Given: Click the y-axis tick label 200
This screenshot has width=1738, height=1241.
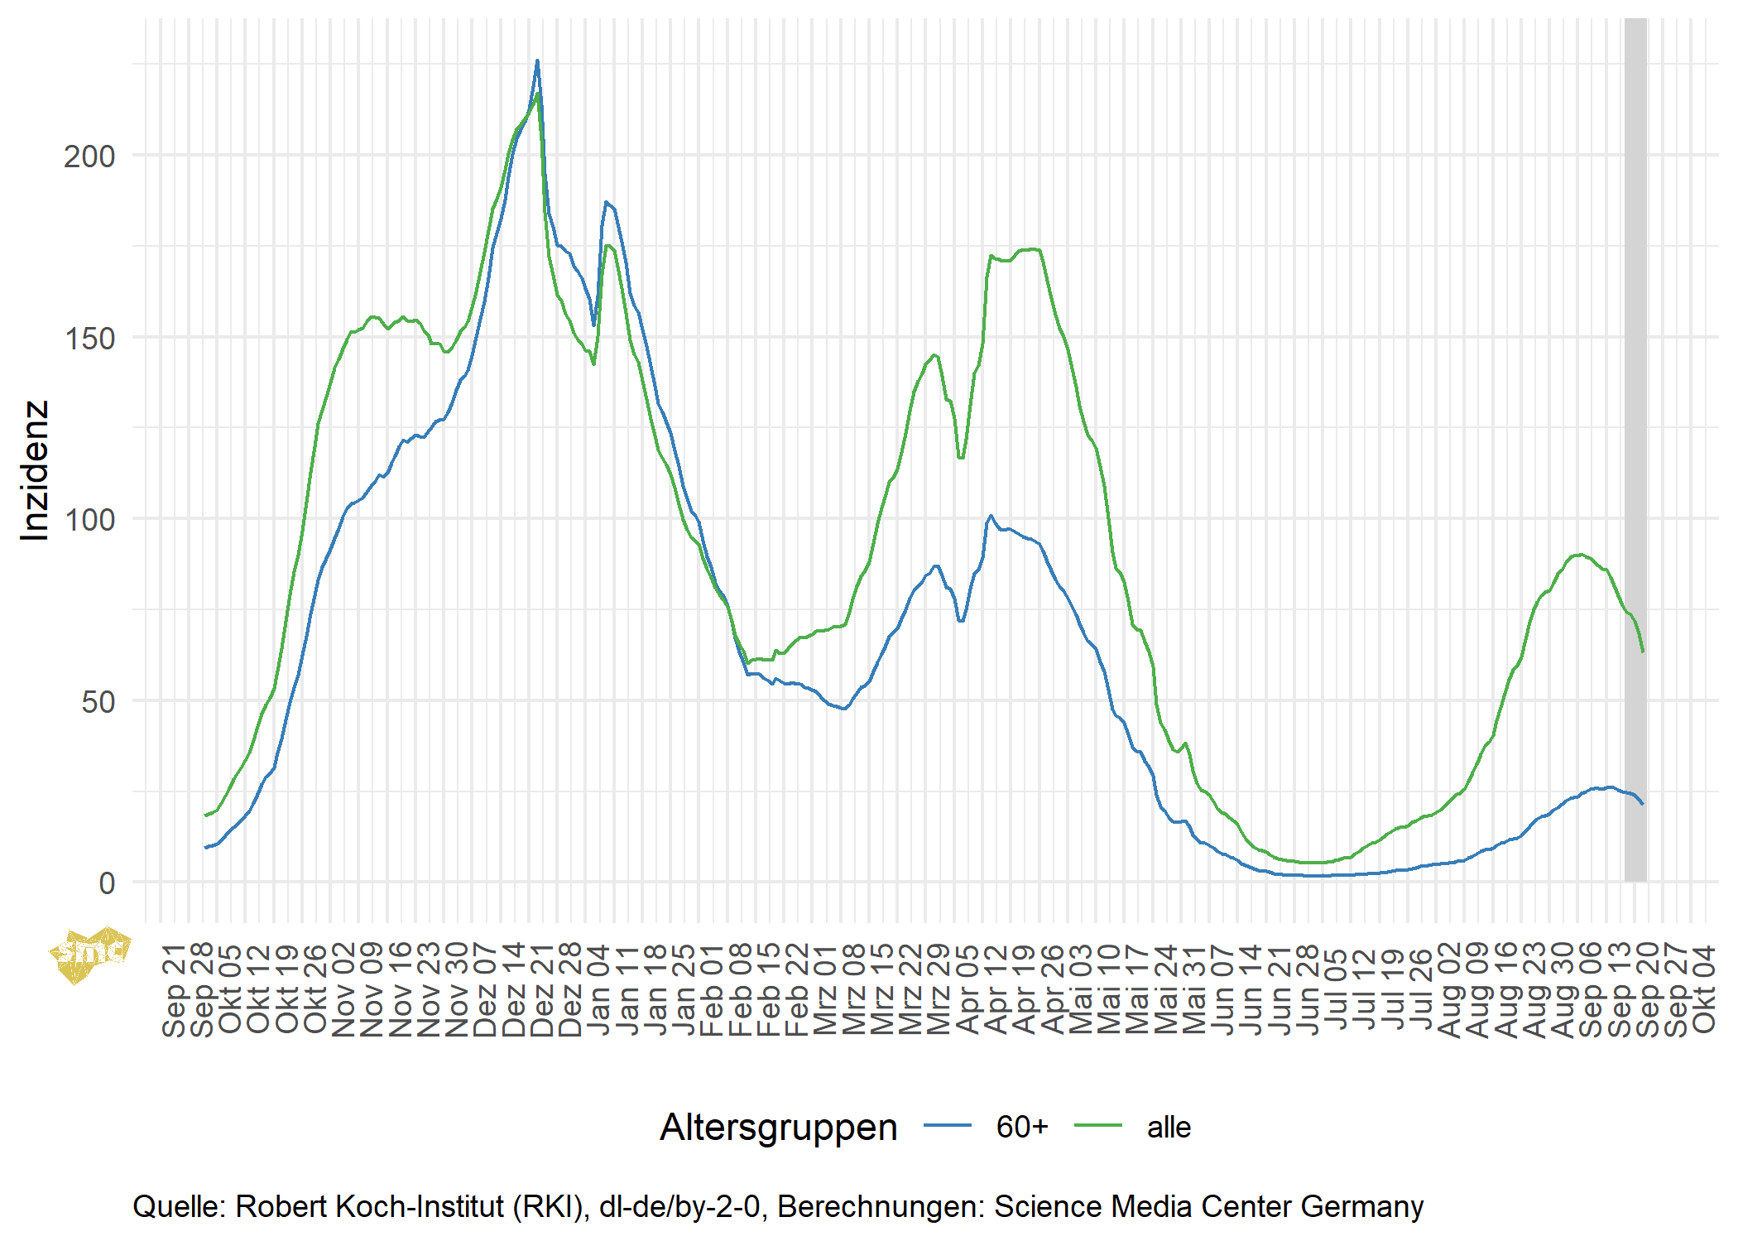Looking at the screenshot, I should [89, 156].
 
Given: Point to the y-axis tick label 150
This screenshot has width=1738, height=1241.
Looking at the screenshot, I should [89, 339].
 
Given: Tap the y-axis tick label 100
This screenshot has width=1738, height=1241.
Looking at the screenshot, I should [89, 520].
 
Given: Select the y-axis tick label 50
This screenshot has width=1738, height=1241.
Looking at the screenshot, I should [98, 702].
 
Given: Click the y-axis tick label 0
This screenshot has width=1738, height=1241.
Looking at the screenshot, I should [107, 883].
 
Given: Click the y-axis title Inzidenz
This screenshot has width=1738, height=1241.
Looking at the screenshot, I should [36, 470].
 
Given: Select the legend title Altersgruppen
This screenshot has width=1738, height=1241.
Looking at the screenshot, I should [778, 1128].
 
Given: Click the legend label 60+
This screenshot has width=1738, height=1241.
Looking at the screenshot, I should [1022, 1128].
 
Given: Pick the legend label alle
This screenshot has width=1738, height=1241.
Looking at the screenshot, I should [1169, 1128].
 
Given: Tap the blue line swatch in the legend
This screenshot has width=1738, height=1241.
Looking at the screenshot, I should [947, 1126].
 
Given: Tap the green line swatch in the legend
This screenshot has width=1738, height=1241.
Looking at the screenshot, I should [1098, 1126].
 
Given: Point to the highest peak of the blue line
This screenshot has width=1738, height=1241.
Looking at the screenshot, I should [537, 61].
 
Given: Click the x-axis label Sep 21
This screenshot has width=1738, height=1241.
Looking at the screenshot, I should [175, 989].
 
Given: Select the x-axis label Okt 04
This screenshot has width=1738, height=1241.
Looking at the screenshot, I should [1704, 989].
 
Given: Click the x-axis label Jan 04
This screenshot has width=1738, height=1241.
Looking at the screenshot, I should [598, 989].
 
